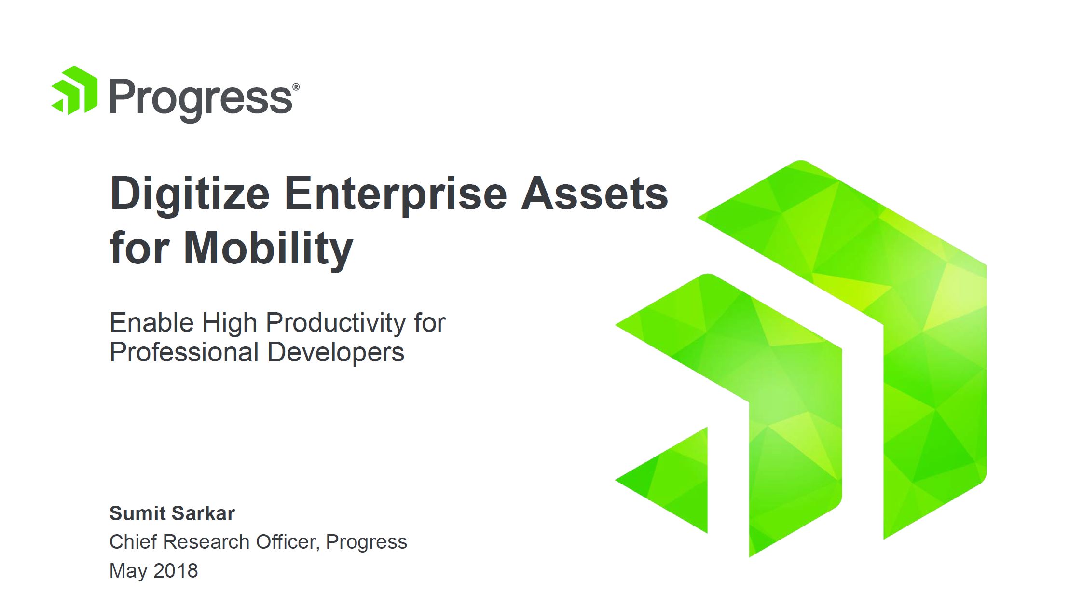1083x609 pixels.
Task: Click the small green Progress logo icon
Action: pos(75,90)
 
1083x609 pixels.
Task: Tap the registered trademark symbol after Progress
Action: pos(296,87)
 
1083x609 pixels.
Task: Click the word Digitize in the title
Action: pos(190,194)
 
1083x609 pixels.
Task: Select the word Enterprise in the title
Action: pos(396,194)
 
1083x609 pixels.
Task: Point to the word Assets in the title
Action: pos(595,194)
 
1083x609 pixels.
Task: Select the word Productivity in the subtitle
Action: pos(336,323)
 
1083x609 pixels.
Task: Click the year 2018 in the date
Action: pos(176,571)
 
